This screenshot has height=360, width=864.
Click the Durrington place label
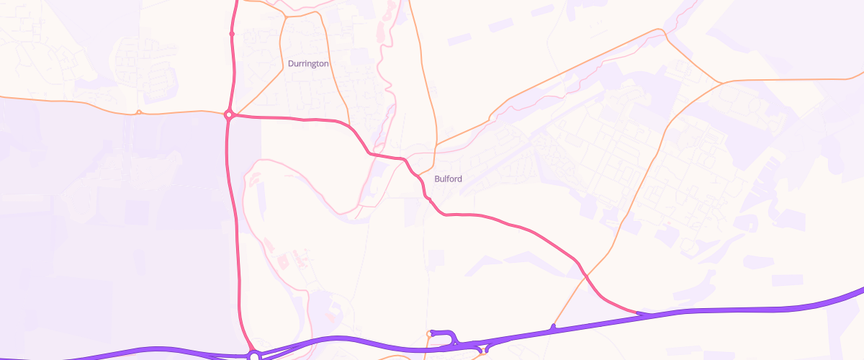coord(308,63)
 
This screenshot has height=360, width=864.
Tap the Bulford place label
coord(449,179)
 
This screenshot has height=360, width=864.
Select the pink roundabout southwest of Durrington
coord(228,114)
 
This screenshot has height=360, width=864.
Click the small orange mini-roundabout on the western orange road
coord(138,112)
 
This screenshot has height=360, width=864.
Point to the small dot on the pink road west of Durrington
coord(232,33)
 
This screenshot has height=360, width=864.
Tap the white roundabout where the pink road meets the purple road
coord(254,355)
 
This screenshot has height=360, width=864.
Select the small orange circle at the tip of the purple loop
coord(430,333)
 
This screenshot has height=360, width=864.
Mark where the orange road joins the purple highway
coord(553,328)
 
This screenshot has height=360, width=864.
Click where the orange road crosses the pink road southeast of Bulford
coord(584,275)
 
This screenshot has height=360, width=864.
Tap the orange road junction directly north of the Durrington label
coord(286,16)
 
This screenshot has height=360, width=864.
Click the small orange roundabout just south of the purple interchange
coord(487,351)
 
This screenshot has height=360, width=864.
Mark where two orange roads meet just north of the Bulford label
coord(436,145)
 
